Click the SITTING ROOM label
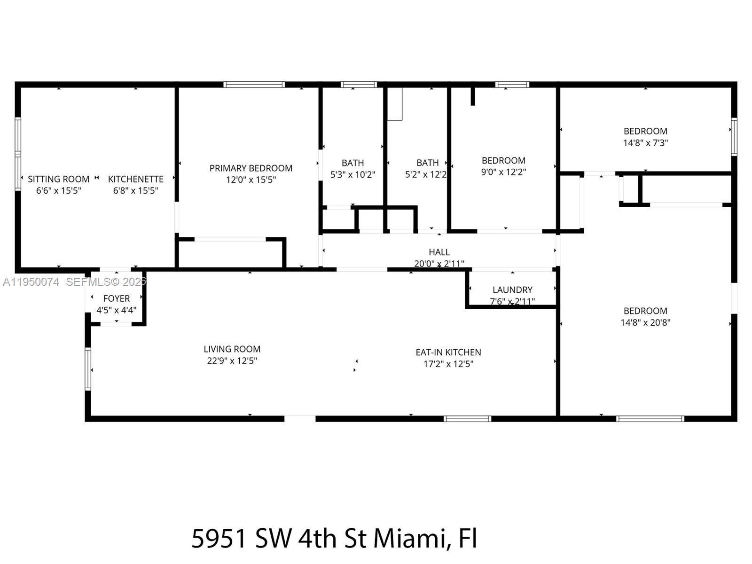58,179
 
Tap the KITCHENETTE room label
135,179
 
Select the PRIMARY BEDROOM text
251,168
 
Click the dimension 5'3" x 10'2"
352,175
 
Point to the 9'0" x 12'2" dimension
503,172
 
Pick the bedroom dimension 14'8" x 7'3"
645,143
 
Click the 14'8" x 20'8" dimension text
645,322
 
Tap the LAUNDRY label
512,290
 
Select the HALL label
439,252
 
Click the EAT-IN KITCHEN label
448,352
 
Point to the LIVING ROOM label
232,349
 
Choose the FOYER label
116,298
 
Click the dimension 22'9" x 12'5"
232,361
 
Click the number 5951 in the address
219,538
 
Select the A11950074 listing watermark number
31,282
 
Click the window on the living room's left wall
88,369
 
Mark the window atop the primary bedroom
254,85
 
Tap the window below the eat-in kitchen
467,418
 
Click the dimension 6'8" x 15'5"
135,191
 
